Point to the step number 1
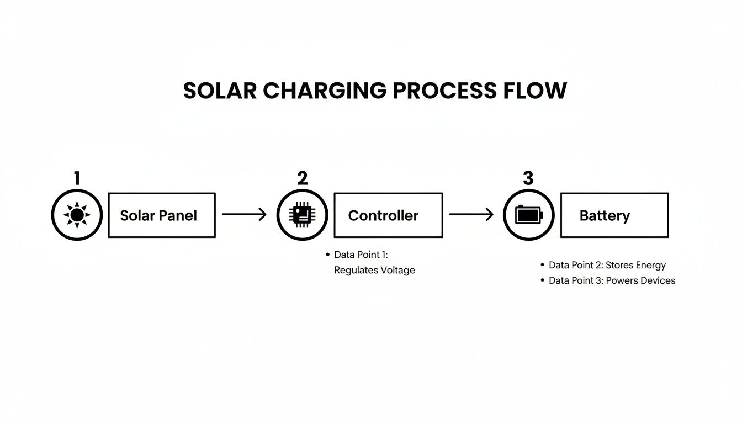pos(77,178)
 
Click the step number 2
pos(302,178)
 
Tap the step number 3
pos(528,178)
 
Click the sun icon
pos(77,215)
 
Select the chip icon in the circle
pos(302,215)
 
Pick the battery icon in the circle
pos(528,215)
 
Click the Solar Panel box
pos(161,215)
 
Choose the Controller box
pos(388,215)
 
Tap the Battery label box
pos(614,215)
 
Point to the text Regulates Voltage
pos(374,271)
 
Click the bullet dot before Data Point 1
pos(328,255)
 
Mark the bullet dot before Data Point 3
pos(543,281)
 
